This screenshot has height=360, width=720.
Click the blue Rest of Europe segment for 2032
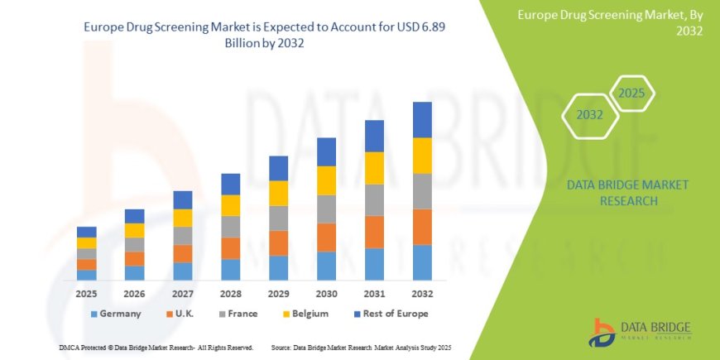422,120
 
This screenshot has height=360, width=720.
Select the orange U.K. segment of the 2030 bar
326,238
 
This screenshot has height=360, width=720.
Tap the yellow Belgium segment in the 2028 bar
230,205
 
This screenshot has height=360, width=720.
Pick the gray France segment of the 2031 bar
374,200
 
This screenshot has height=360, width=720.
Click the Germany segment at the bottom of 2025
87,275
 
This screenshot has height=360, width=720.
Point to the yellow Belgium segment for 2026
135,230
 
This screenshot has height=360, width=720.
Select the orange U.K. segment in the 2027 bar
183,253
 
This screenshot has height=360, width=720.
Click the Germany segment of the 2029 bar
278,267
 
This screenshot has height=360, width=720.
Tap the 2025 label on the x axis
87,294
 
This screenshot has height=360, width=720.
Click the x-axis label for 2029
278,294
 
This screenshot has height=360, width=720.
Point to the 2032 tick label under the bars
422,294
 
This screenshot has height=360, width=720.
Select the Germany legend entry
115,314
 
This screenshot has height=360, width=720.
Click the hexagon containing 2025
631,93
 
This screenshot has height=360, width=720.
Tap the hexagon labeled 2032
589,115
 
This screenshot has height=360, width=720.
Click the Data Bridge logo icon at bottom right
602,332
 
